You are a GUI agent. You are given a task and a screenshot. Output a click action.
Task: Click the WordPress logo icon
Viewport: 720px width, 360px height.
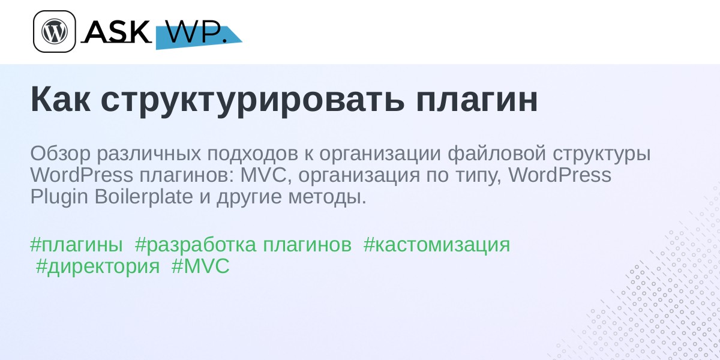point(55,31)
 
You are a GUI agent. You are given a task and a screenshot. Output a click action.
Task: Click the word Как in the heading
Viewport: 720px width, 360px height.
point(61,100)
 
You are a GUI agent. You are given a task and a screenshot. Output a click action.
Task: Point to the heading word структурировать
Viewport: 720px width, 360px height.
point(253,101)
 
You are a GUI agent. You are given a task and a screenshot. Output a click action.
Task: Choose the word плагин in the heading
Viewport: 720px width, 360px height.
point(476,100)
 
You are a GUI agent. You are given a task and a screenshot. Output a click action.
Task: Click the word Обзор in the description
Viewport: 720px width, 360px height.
point(61,154)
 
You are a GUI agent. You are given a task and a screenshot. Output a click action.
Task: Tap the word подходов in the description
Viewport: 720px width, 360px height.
point(253,154)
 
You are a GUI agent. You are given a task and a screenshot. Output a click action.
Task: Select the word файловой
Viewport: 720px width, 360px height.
point(497,153)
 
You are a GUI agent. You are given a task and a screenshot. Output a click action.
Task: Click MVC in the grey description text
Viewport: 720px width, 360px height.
point(263,175)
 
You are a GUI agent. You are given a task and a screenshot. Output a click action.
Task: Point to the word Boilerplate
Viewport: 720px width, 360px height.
point(143,196)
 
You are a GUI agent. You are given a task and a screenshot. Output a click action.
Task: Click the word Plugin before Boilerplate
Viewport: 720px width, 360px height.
point(59,197)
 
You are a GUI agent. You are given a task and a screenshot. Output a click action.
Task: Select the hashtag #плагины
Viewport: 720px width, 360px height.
point(77,245)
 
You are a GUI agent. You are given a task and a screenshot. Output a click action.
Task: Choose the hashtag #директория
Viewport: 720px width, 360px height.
point(98,267)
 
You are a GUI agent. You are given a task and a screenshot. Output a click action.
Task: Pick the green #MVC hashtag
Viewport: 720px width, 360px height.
point(200,266)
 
